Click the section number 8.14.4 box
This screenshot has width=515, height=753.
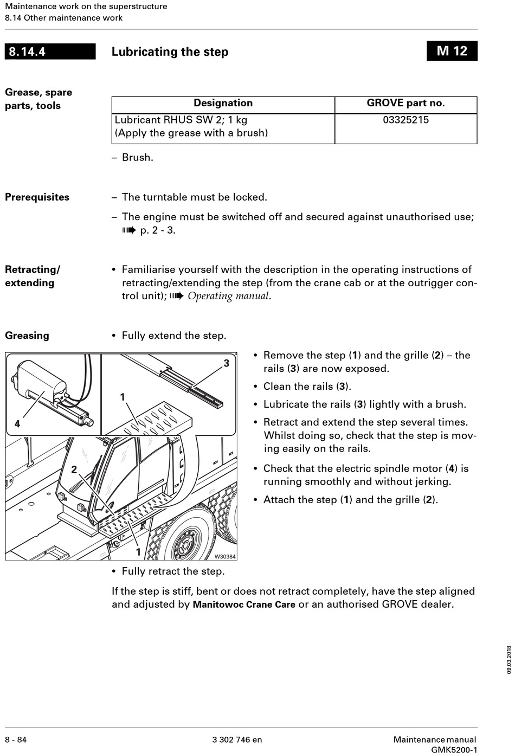[50, 52]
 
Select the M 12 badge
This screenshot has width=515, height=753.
[452, 51]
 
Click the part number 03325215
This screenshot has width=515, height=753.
[405, 120]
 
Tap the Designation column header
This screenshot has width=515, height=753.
[223, 103]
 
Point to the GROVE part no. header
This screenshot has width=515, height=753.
[405, 103]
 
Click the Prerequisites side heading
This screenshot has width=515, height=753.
[37, 197]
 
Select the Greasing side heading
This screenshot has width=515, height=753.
[27, 336]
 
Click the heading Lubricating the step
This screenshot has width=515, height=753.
[170, 52]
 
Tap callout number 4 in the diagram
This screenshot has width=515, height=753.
[17, 424]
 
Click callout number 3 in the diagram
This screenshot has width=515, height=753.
[227, 363]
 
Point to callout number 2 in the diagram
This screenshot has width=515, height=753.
[74, 469]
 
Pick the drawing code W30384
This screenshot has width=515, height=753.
[225, 556]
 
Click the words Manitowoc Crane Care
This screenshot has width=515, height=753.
[244, 604]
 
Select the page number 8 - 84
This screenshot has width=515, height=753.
[16, 739]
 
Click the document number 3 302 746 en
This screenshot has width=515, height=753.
[237, 739]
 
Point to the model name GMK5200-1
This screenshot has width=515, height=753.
[454, 750]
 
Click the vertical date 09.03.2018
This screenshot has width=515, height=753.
[509, 660]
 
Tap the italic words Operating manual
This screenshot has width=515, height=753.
[228, 296]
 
